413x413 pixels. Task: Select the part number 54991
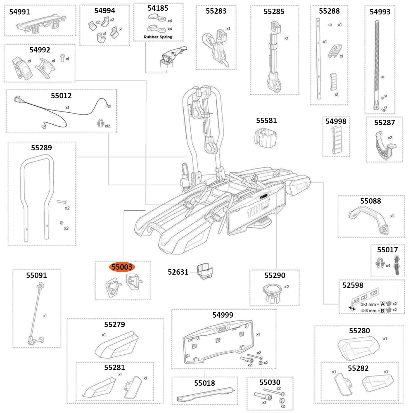[x=19, y=12]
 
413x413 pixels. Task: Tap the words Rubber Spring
[x=158, y=37]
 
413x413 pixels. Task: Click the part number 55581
[x=266, y=121]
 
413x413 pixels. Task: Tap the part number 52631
[x=178, y=272]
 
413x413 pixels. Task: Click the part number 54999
[x=223, y=315]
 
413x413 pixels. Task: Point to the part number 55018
[x=205, y=383]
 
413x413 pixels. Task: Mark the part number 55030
[x=270, y=383]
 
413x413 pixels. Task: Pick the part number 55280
[x=359, y=331]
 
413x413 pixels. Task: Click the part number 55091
[x=36, y=275]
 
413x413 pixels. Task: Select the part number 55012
[x=61, y=96]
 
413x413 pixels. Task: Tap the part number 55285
[x=274, y=12]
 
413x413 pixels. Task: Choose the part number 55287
[x=385, y=123]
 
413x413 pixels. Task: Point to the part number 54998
[x=336, y=121]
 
